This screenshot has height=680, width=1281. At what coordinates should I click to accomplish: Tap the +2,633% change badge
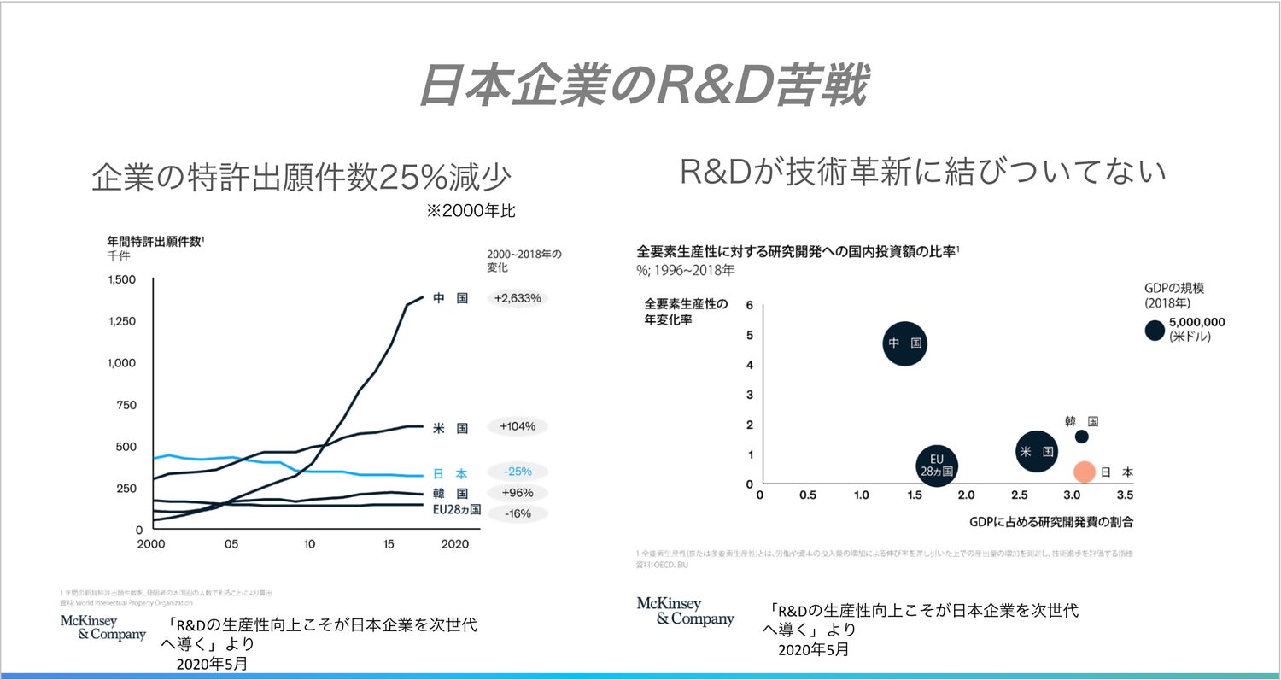click(x=518, y=298)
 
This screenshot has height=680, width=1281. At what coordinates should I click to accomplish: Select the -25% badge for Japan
click(x=518, y=472)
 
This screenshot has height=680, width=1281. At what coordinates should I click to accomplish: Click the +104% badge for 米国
click(x=518, y=426)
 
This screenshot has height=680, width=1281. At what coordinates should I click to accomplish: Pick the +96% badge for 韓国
click(x=518, y=493)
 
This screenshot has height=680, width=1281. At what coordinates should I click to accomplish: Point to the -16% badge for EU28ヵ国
click(x=518, y=513)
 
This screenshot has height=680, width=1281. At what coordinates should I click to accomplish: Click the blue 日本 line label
click(x=450, y=473)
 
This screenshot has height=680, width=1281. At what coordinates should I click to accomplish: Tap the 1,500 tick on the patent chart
click(x=121, y=280)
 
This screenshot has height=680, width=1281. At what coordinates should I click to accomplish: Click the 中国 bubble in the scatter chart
click(x=905, y=343)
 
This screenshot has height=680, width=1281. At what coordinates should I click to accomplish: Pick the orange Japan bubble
click(x=1084, y=472)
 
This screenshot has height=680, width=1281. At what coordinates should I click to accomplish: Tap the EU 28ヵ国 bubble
click(x=936, y=465)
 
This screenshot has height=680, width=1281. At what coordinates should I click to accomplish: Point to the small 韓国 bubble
click(x=1081, y=437)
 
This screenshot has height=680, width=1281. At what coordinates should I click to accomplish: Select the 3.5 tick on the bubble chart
click(x=1124, y=495)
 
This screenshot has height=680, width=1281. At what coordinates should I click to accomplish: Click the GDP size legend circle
click(x=1155, y=330)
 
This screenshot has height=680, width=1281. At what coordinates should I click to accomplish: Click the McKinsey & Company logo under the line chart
click(x=103, y=628)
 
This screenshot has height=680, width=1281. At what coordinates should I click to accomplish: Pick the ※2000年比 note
click(x=471, y=211)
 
